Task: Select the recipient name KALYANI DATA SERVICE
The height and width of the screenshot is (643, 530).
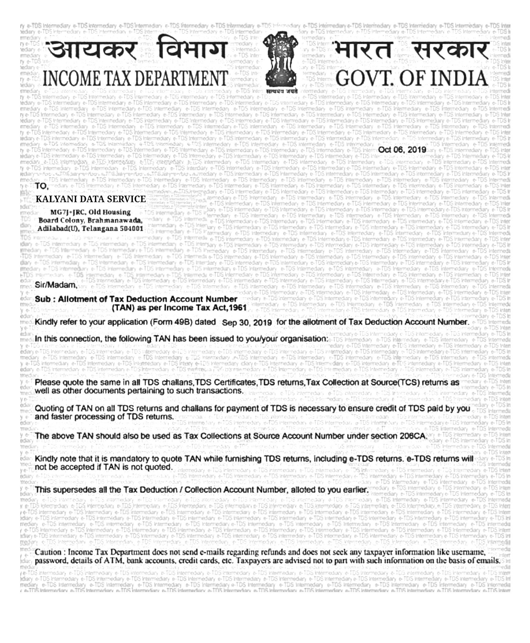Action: point(91,199)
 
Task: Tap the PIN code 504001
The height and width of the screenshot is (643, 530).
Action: point(133,229)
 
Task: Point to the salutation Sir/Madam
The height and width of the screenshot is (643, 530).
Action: point(55,285)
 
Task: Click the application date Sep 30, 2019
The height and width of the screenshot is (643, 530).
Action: point(247,323)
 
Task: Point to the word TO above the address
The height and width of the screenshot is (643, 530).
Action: point(40,186)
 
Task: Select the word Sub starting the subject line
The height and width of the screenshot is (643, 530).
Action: point(42,299)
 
